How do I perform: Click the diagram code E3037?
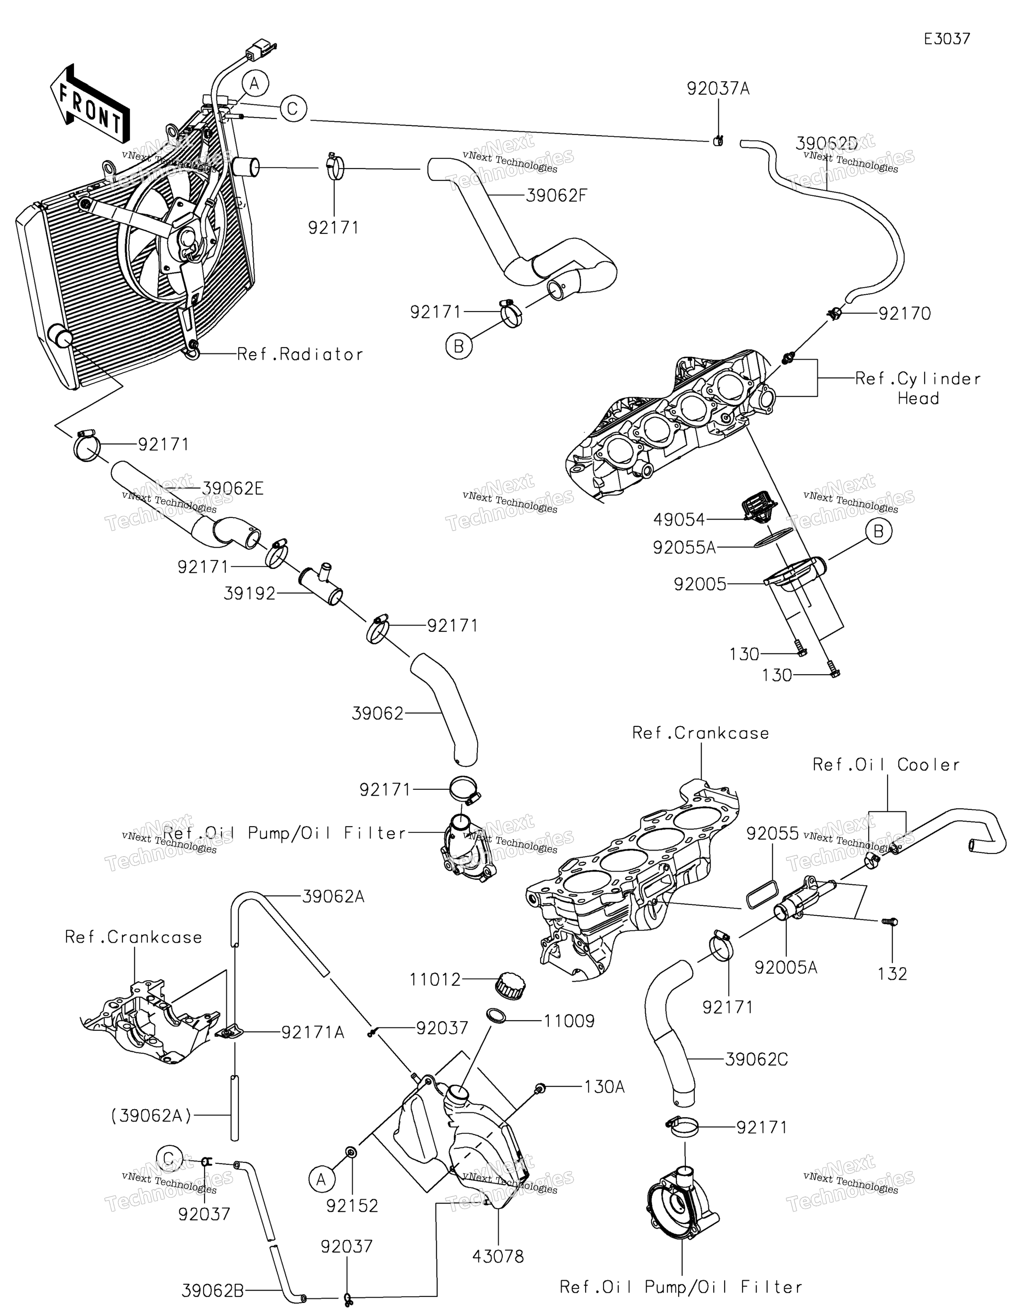(947, 39)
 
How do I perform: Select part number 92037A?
(718, 89)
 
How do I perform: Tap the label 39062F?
(556, 196)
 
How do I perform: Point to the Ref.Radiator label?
(300, 354)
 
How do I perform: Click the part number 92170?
(904, 314)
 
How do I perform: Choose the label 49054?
(679, 519)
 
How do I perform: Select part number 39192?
(249, 594)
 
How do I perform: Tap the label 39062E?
(233, 489)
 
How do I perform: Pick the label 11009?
(569, 1021)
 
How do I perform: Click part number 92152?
(352, 1206)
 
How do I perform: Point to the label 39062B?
(213, 1291)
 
